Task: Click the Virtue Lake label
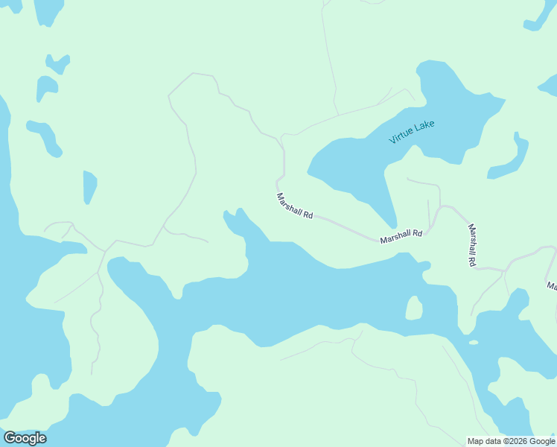pyautogui.click(x=412, y=132)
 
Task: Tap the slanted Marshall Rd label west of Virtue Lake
pyautogui.click(x=294, y=206)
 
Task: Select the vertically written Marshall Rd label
pyautogui.click(x=471, y=245)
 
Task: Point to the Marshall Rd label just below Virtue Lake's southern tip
pyautogui.click(x=401, y=236)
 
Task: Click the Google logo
pyautogui.click(x=25, y=438)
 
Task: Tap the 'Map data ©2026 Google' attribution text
pyautogui.click(x=511, y=441)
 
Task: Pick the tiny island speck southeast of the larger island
pyautogui.click(x=474, y=343)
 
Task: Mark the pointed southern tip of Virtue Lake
pyautogui.click(x=392, y=226)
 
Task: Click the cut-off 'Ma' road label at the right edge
pyautogui.click(x=552, y=285)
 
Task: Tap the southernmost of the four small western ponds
pyautogui.click(x=89, y=186)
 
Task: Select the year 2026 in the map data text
pyautogui.click(x=519, y=441)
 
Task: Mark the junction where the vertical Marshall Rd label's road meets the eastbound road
pyautogui.click(x=477, y=268)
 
